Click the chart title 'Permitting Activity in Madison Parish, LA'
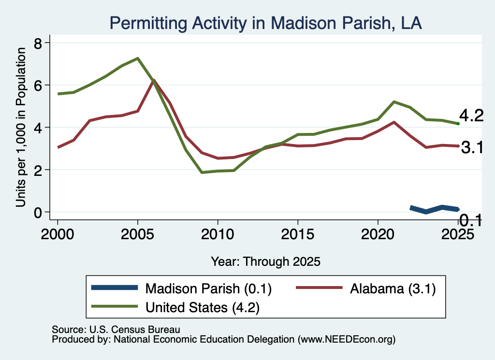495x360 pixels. click(x=265, y=23)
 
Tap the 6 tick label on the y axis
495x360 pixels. click(x=38, y=85)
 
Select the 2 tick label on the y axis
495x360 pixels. click(x=38, y=170)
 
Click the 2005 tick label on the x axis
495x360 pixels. click(x=137, y=234)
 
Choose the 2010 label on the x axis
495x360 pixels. click(x=218, y=234)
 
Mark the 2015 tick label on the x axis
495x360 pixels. click(x=298, y=234)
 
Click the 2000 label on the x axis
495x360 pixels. click(x=58, y=234)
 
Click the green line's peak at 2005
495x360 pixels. click(x=138, y=58)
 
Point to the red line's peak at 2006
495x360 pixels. click(x=154, y=80)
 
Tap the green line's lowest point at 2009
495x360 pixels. click(x=202, y=173)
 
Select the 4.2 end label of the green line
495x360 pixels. click(x=471, y=115)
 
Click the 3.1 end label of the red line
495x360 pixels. click(x=472, y=147)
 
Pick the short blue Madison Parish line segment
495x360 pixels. click(x=434, y=209)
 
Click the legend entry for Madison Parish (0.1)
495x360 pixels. click(x=181, y=288)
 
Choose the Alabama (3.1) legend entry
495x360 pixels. click(x=366, y=288)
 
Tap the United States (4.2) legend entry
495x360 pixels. click(x=175, y=307)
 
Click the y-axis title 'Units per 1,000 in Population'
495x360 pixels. click(x=21, y=127)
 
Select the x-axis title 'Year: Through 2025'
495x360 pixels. click(x=265, y=261)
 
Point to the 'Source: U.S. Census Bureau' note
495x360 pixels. click(x=116, y=330)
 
